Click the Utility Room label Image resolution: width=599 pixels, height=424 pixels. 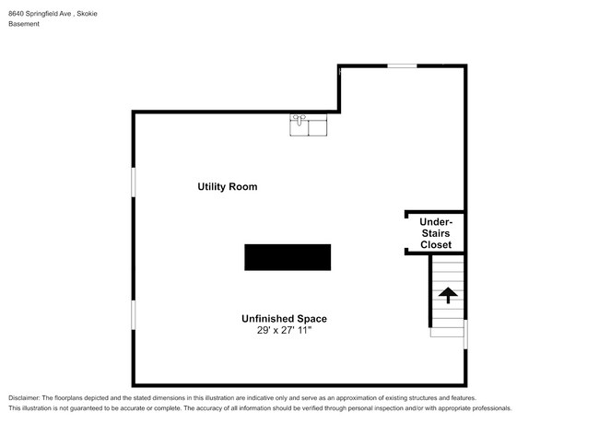[228, 187]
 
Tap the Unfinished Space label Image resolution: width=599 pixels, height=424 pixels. [284, 319]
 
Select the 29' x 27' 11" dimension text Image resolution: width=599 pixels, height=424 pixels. [284, 330]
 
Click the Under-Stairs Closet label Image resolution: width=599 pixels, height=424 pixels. [436, 233]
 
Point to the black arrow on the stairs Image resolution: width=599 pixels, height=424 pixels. [448, 296]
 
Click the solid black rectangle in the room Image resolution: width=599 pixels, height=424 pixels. [288, 257]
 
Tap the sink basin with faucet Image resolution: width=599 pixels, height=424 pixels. [299, 124]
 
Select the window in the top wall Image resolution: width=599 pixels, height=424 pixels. [402, 66]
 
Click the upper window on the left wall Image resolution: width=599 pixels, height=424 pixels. [134, 183]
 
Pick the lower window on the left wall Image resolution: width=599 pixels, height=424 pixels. [134, 315]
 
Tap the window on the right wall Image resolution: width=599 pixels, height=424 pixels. [465, 335]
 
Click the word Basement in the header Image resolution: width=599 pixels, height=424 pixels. [24, 24]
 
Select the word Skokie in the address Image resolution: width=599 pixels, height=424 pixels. [88, 14]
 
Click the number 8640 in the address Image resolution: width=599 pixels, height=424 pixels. [16, 14]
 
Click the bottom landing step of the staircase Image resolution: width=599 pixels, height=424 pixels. [447, 333]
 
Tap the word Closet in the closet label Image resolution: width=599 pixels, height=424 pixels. [436, 245]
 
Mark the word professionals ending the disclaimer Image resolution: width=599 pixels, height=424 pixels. [492, 408]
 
